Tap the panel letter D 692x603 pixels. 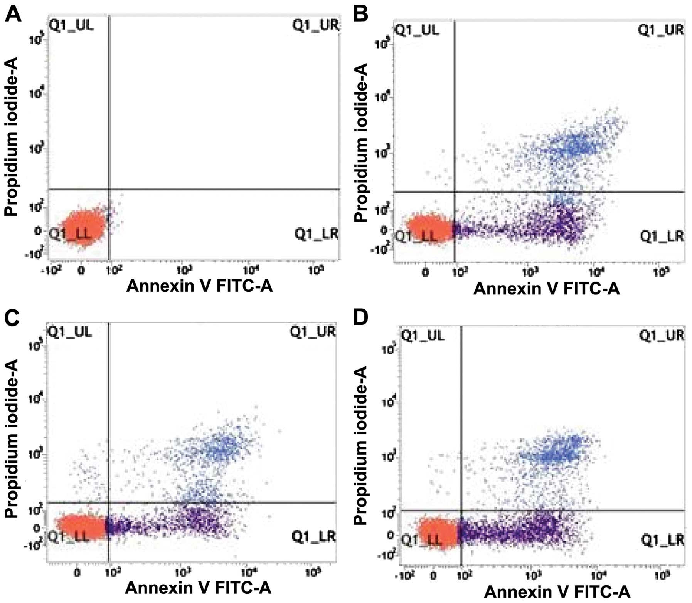pyautogui.click(x=361, y=318)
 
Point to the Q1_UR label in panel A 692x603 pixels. pyautogui.click(x=315, y=25)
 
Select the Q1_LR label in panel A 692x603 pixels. pyautogui.click(x=316, y=233)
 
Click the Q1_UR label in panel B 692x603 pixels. pyautogui.click(x=661, y=29)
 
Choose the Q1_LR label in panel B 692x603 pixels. pyautogui.click(x=662, y=236)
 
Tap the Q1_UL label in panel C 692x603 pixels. pyautogui.click(x=70, y=331)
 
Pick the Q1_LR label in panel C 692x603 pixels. pyautogui.click(x=313, y=536)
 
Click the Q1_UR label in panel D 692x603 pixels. pyautogui.click(x=662, y=335)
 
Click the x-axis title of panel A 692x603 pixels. pyautogui.click(x=199, y=286)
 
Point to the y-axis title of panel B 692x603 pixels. pyautogui.click(x=361, y=143)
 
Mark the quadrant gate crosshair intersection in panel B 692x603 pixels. pyautogui.click(x=455, y=192)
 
